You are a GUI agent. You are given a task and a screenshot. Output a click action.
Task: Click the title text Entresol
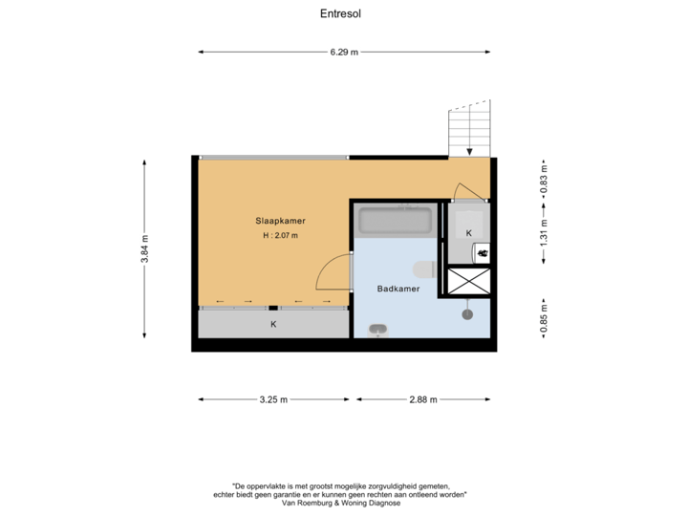pyautogui.click(x=341, y=14)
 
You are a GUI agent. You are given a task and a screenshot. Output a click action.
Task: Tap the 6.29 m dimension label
pyautogui.click(x=344, y=53)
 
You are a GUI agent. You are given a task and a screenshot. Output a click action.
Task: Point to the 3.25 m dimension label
pyautogui.click(x=273, y=400)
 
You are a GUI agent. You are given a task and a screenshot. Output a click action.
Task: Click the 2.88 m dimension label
pyautogui.click(x=423, y=400)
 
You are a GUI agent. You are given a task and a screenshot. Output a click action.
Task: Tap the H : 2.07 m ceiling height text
pyautogui.click(x=280, y=235)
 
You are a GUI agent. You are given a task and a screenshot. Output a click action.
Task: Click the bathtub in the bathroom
pyautogui.click(x=396, y=222)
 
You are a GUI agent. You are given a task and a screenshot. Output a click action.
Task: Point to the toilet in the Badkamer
pyautogui.click(x=423, y=268)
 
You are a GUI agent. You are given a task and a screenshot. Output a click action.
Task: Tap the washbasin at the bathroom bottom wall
pyautogui.click(x=378, y=331)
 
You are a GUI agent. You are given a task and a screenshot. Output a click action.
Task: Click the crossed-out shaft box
pyautogui.click(x=469, y=281)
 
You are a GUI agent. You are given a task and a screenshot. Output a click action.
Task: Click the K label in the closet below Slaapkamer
pyautogui.click(x=273, y=325)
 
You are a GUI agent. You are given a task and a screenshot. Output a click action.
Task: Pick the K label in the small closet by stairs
pyautogui.click(x=468, y=232)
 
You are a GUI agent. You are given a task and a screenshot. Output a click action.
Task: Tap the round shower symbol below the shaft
pyautogui.click(x=467, y=312)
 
